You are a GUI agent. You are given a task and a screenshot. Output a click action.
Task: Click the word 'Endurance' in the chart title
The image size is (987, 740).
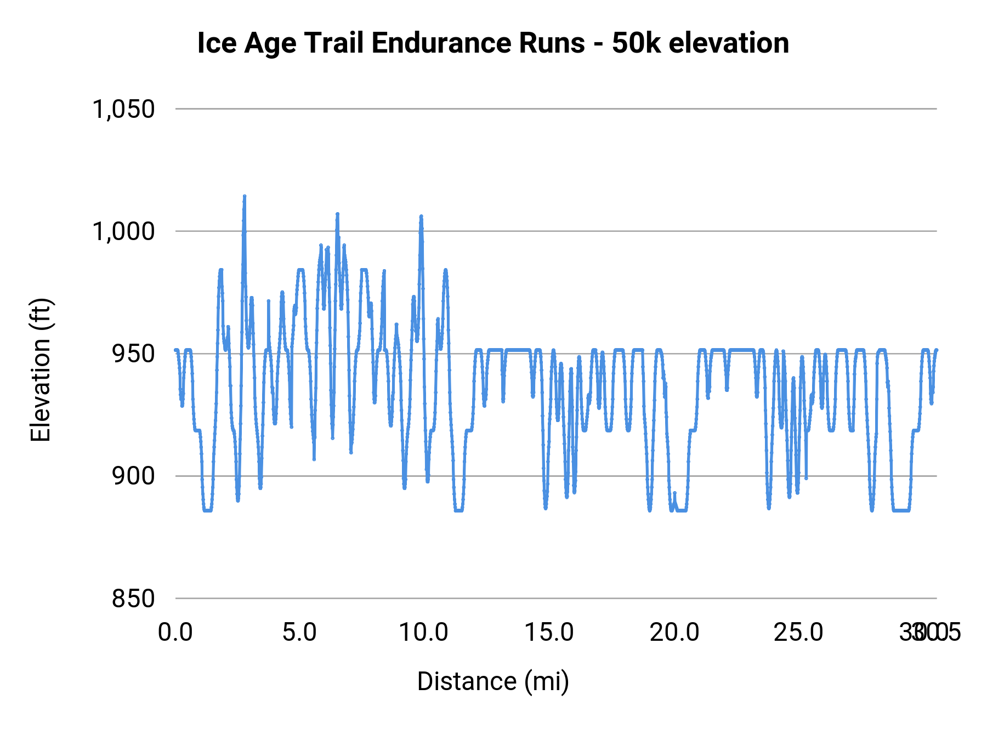coord(478,43)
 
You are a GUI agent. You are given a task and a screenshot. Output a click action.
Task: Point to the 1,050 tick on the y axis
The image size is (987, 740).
coord(123,109)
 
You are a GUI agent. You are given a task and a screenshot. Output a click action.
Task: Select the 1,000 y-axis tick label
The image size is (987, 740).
coord(123,231)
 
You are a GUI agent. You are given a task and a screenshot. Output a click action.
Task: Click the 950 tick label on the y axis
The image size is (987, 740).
coord(133,354)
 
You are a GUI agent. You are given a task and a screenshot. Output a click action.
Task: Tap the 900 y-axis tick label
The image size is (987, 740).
coord(133,476)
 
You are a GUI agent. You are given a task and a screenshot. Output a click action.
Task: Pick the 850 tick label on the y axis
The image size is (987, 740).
coord(133,598)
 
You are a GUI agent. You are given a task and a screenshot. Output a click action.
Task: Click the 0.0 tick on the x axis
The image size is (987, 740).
coord(175,633)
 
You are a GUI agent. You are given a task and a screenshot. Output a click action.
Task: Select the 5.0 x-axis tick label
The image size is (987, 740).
coord(299,633)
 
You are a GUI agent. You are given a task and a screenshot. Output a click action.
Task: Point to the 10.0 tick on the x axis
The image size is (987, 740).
coord(423,633)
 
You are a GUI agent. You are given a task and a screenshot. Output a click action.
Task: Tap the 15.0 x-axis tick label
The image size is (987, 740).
coord(549,633)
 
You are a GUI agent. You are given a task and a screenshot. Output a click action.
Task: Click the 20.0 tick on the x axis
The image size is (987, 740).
coord(674,633)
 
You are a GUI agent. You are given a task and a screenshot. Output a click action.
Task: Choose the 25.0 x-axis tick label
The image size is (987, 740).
coord(798,633)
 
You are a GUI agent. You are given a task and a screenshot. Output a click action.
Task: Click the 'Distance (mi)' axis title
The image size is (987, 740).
coord(493,681)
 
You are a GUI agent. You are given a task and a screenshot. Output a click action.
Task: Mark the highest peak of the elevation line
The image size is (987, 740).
coord(245,196)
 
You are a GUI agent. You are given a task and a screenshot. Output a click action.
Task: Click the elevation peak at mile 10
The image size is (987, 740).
coord(421,217)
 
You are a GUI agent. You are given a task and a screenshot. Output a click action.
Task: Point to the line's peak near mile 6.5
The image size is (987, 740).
coord(338,214)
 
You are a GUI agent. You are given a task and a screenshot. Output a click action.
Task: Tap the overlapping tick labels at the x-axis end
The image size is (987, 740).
coord(930,633)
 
